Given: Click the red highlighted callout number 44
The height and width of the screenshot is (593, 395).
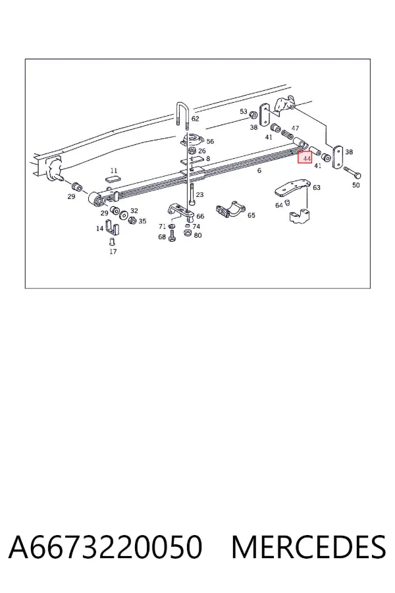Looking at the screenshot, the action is (305, 157).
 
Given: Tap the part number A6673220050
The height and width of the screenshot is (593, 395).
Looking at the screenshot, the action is (105, 546).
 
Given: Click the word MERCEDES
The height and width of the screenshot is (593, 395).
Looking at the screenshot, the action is (308, 546).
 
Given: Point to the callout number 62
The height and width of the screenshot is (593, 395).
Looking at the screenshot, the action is (195, 119).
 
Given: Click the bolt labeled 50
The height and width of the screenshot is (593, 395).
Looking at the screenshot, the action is (352, 173).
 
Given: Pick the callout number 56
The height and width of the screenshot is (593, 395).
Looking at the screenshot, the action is (210, 142).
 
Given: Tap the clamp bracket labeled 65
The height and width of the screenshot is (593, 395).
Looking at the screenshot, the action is (230, 210).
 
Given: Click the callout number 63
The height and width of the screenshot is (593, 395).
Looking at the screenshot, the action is (317, 187).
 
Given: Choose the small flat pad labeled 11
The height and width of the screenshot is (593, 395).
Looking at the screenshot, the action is (114, 179).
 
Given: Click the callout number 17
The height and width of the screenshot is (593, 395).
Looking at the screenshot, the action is (113, 252).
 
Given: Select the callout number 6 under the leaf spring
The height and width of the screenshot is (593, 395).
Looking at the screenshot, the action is (259, 171).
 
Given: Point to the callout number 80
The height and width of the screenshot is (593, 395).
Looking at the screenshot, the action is (197, 235).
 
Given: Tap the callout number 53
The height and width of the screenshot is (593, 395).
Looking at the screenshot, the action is (244, 111).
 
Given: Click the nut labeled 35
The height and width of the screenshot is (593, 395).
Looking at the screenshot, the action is (132, 219).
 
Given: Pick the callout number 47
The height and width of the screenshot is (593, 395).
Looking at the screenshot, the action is (295, 128).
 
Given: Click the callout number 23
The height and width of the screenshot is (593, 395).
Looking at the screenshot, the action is (199, 195).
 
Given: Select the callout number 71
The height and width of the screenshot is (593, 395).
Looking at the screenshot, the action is (162, 227).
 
